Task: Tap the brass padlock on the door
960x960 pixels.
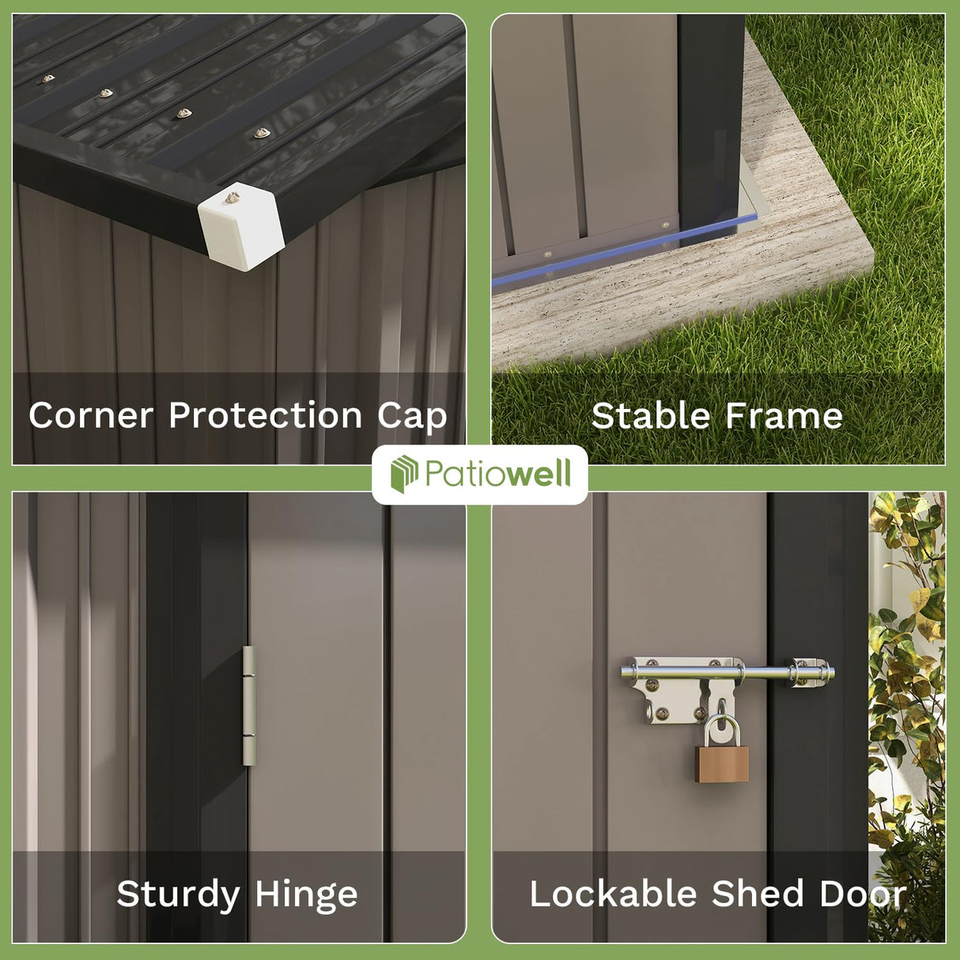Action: tap(722, 762)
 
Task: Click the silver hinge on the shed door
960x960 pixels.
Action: tap(249, 705)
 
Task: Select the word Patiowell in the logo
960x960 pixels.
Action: tap(497, 474)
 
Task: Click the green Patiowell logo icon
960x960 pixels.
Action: tap(404, 474)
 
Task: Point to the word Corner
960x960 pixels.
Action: tap(91, 415)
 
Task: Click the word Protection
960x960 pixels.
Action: tap(265, 415)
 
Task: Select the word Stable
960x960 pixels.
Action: tap(651, 415)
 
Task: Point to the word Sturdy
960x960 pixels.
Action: tap(178, 894)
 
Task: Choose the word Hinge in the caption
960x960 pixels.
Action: tap(307, 895)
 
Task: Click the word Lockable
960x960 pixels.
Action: tap(613, 894)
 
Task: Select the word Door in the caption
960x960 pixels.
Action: tap(863, 894)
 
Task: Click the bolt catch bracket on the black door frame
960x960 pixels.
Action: tap(811, 673)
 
